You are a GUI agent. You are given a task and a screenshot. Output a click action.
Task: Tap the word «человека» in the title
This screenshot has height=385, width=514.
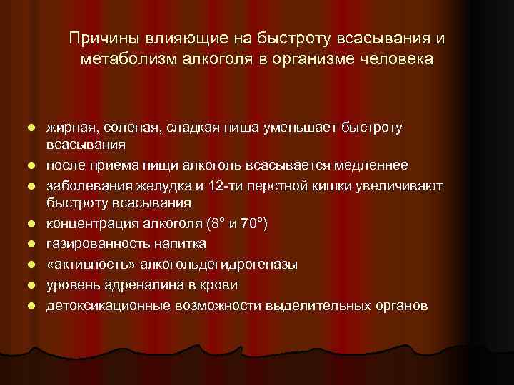tap(397, 58)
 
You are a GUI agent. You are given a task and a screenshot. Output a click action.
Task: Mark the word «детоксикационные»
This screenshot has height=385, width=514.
tap(106, 305)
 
